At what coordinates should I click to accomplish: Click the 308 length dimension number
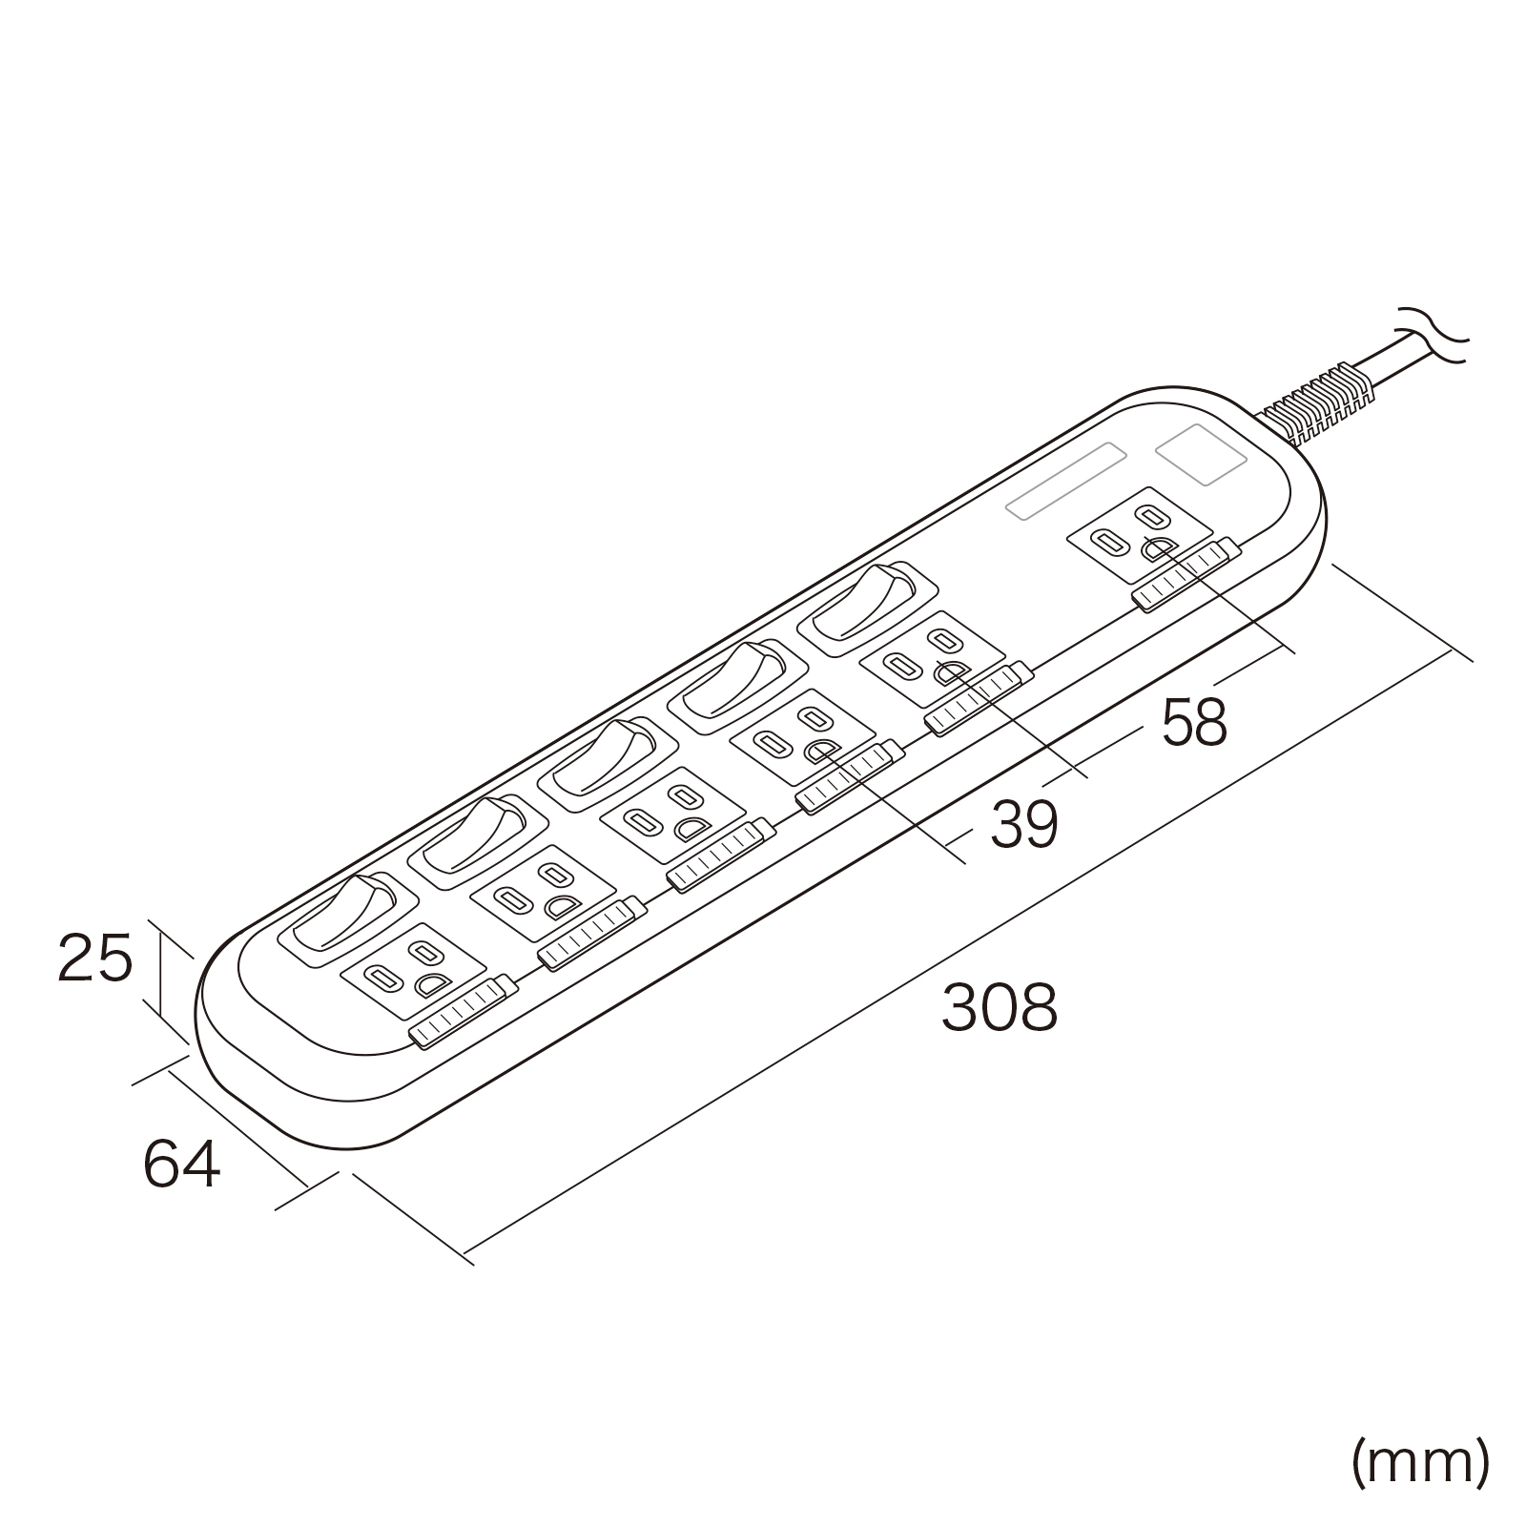(999, 1007)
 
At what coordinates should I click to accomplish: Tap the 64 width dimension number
(181, 1163)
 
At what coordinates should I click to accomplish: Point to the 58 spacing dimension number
(1193, 721)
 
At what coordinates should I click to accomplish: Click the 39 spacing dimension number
(1023, 824)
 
